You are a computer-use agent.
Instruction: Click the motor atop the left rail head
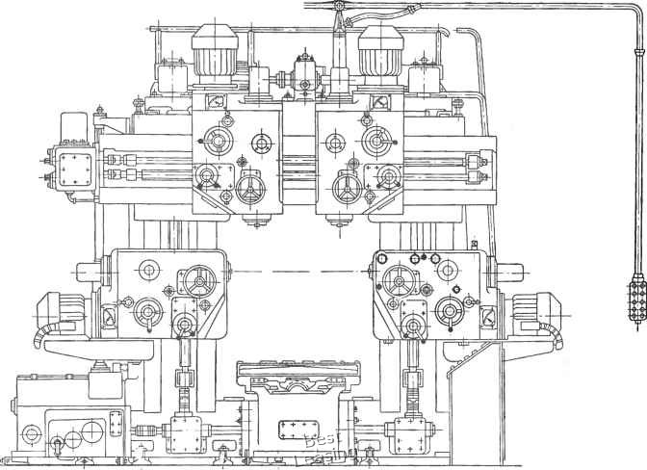216,52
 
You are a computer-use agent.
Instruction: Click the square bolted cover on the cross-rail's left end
75,168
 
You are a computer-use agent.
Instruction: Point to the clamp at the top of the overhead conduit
340,10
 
